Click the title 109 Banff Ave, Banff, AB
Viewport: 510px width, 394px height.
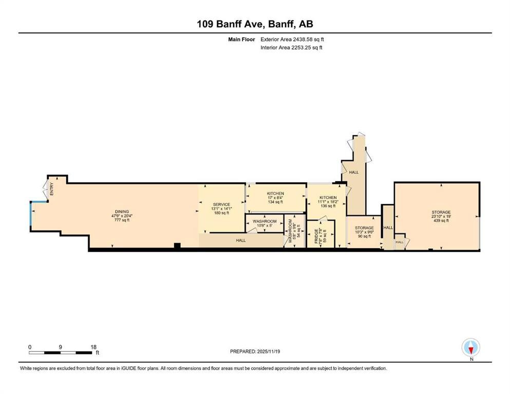pyautogui.click(x=255, y=24)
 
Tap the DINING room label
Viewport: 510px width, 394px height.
pyautogui.click(x=122, y=211)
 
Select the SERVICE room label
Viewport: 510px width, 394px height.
pyautogui.click(x=221, y=204)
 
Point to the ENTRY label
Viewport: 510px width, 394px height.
pyautogui.click(x=52, y=189)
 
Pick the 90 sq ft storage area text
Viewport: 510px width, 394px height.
pyautogui.click(x=364, y=237)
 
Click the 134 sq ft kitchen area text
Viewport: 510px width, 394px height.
pyautogui.click(x=275, y=202)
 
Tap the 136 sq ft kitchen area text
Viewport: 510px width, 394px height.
pyautogui.click(x=328, y=207)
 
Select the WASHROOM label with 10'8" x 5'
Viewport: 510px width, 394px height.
pyautogui.click(x=265, y=221)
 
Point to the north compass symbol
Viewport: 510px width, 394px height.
pyautogui.click(x=470, y=348)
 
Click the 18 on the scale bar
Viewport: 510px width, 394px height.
pyautogui.click(x=93, y=347)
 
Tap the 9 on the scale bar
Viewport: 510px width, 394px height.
pyautogui.click(x=61, y=347)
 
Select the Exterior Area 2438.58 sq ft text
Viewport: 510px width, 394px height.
pyautogui.click(x=293, y=39)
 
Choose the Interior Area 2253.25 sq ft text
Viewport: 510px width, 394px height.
pyautogui.click(x=292, y=48)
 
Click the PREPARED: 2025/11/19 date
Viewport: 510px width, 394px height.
pyautogui.click(x=255, y=351)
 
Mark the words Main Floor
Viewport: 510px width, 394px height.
pyautogui.click(x=241, y=39)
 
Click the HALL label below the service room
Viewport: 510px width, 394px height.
pyautogui.click(x=240, y=240)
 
